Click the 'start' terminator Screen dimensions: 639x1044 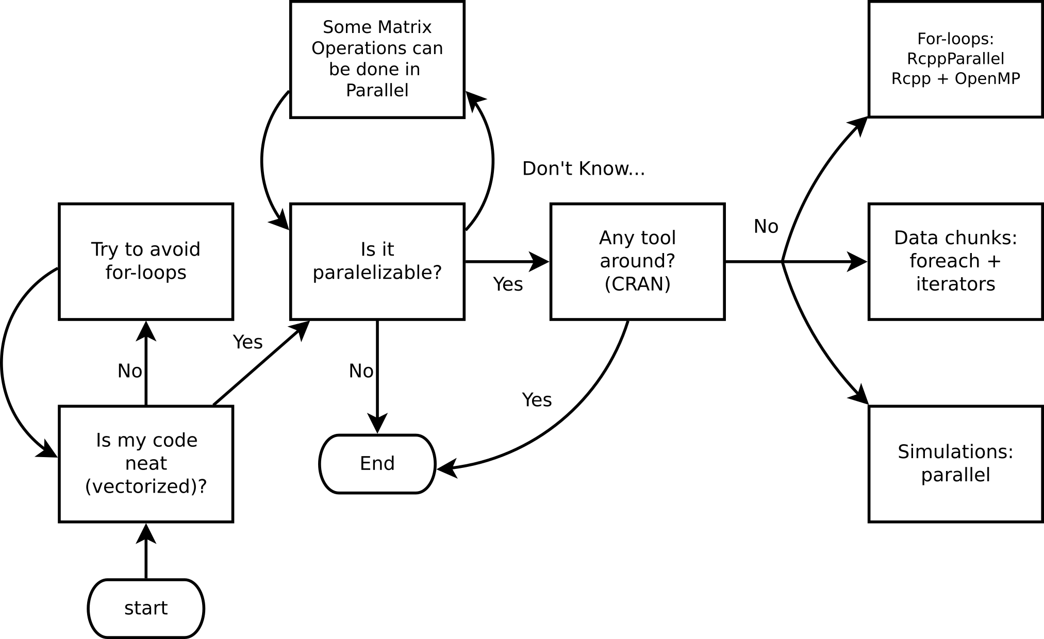146,608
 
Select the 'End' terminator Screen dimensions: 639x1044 377,464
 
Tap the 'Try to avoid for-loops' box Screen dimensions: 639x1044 146,261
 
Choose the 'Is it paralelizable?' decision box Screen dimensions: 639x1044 377,261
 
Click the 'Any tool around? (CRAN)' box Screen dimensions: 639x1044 637,261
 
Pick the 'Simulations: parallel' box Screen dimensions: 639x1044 955,464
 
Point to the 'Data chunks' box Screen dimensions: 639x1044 955,261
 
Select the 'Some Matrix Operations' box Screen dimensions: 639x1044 377,59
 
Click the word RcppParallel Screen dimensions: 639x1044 955,59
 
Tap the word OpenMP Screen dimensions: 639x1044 987,79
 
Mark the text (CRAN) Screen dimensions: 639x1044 637,284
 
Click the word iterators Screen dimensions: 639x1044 955,284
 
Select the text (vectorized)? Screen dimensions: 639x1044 146,486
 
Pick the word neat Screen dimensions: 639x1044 146,463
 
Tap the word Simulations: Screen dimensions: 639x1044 955,452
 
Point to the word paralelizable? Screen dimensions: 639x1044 377,273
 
